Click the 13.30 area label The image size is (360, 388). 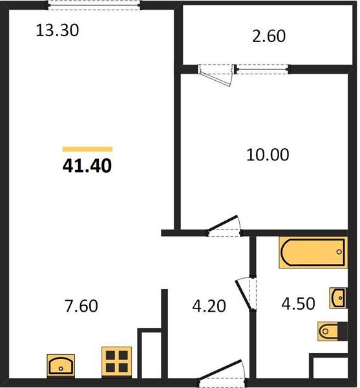tap(58, 30)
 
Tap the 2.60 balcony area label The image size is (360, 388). tap(269, 36)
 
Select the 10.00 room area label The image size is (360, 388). tap(268, 155)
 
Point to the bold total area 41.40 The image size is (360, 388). tap(87, 166)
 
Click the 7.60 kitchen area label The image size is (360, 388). tap(81, 306)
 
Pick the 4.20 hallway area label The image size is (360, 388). tap(209, 306)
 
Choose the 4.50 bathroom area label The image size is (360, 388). tap(298, 304)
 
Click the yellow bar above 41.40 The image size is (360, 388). tap(87, 149)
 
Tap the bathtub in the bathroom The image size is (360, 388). tap(313, 252)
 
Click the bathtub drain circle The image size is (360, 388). tap(339, 252)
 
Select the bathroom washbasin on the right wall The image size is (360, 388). tap(338, 298)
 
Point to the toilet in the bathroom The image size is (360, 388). tap(332, 331)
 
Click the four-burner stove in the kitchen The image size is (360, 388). tap(117, 362)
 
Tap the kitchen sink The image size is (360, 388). tap(61, 365)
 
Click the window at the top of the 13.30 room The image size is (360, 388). tap(94, 5)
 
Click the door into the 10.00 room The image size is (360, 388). tap(224, 226)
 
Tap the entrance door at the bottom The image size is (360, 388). tap(222, 374)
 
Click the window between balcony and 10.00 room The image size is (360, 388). tap(262, 69)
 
